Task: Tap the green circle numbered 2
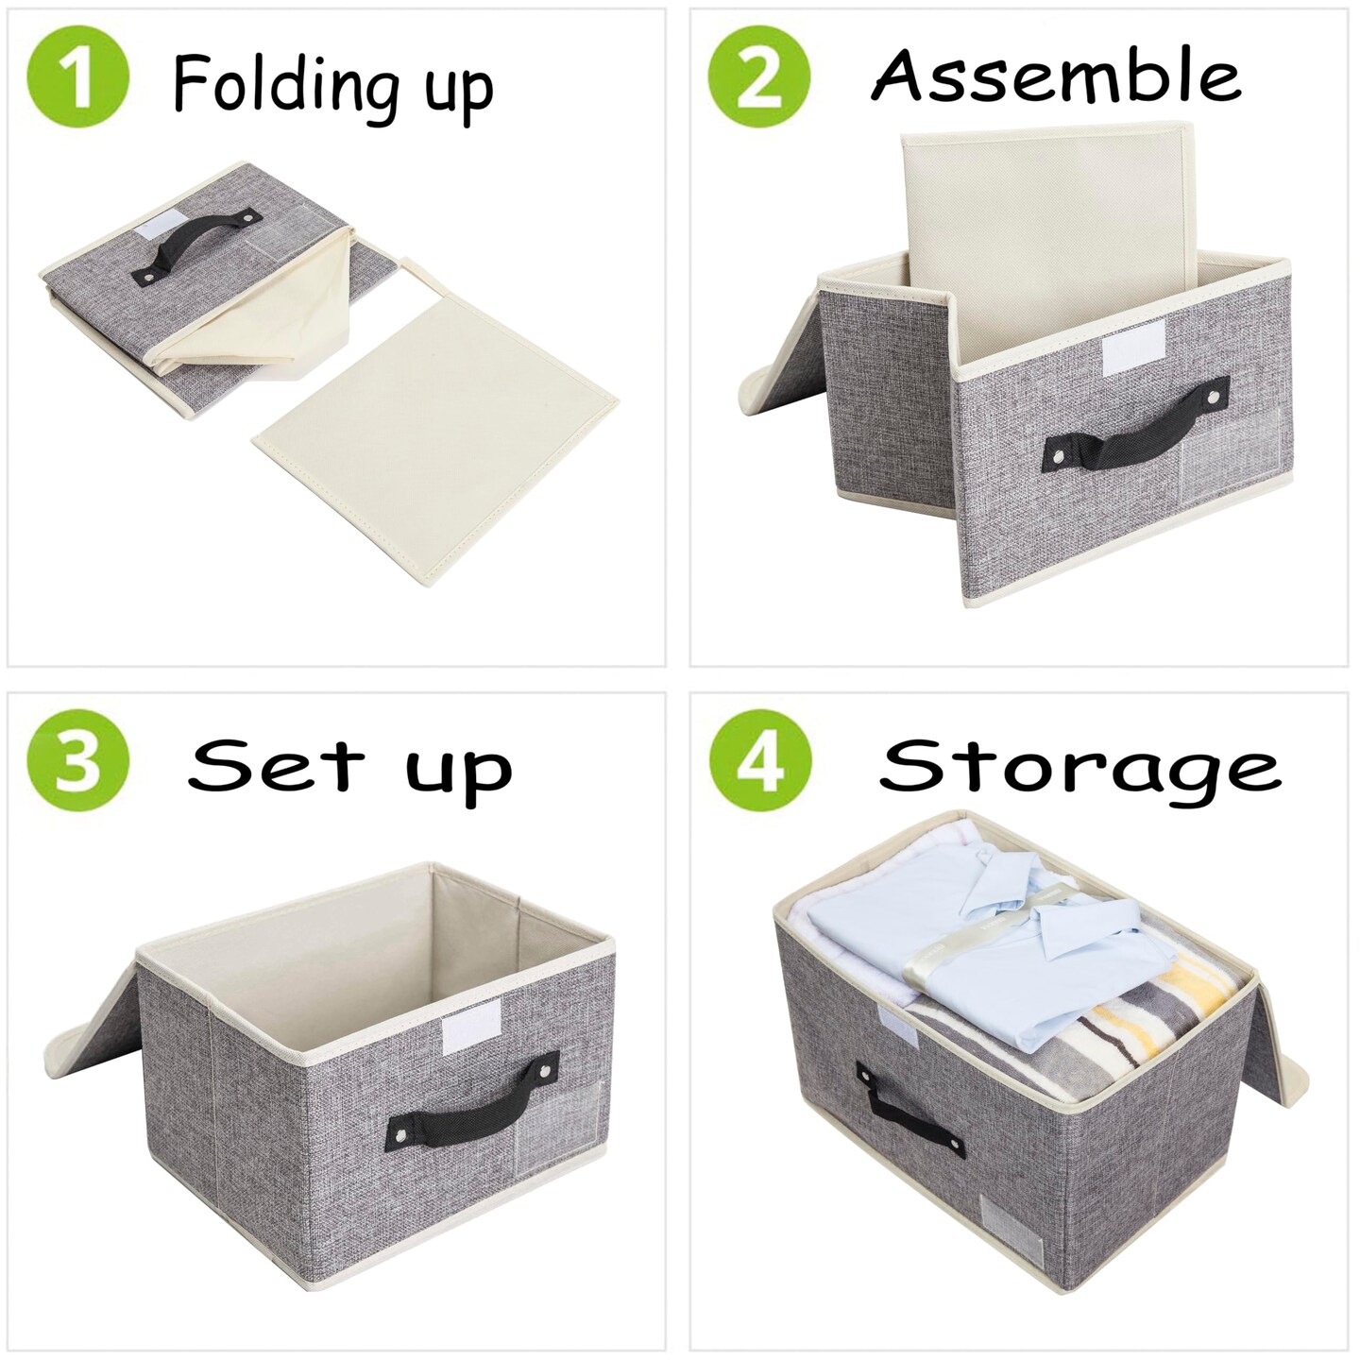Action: pos(758,76)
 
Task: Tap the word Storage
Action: pos(1079,767)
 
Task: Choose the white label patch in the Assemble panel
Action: pos(1134,346)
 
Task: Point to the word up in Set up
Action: pos(459,770)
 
